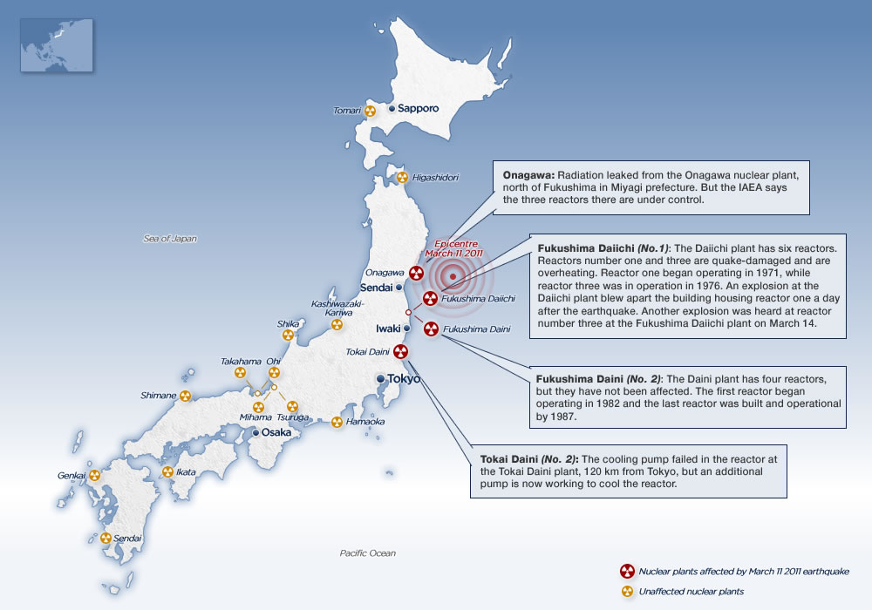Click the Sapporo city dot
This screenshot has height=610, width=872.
(392, 109)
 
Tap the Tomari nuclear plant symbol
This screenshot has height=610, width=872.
(370, 111)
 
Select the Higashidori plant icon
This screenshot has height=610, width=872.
(402, 178)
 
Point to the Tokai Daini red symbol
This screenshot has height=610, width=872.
(400, 352)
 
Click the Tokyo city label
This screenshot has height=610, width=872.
(404, 379)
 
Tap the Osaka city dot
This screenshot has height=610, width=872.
(255, 432)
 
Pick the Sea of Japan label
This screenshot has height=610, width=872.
(170, 238)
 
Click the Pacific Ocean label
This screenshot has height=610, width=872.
(367, 553)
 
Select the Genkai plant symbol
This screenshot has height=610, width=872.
(93, 476)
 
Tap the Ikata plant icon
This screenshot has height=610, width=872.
(167, 472)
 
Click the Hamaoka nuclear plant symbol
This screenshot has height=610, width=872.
(337, 422)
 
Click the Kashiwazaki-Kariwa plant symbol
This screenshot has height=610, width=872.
(337, 325)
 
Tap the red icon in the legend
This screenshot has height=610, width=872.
(626, 572)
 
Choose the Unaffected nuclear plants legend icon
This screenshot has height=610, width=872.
(626, 592)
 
